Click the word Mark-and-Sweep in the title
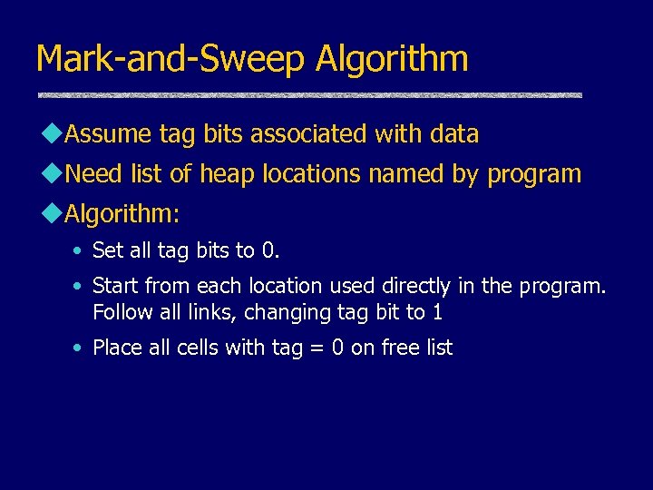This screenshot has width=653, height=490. (x=171, y=60)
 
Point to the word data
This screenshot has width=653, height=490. (x=454, y=134)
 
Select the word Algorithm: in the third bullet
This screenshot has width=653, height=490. (x=123, y=214)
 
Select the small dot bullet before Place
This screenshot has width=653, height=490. (x=80, y=348)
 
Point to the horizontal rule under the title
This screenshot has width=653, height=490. (x=309, y=95)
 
